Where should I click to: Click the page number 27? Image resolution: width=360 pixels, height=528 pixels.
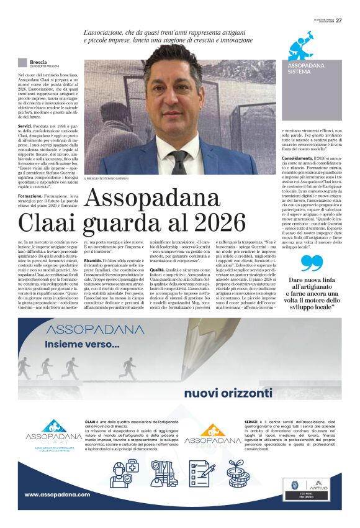338,20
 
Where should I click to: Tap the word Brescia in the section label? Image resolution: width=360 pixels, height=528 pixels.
38,62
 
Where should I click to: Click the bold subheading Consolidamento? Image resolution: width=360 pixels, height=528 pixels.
298,158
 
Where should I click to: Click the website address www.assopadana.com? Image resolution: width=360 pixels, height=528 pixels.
57,494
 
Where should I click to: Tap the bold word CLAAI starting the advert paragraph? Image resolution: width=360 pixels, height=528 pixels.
91,421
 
